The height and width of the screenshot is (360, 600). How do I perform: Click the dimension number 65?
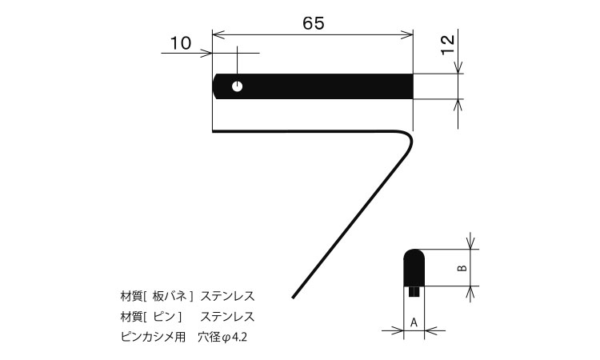coord(314,23)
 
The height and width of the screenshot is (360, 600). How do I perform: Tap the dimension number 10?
coord(180,43)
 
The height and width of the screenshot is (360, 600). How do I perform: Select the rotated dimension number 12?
coord(448,45)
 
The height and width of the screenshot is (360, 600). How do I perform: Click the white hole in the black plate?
coord(238,86)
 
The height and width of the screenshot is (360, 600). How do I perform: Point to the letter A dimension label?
coord(414,322)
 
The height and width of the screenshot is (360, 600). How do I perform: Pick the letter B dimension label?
coord(462,268)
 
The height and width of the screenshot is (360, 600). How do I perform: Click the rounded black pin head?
coord(414,267)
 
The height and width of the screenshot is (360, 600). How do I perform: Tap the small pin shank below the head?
coord(414,291)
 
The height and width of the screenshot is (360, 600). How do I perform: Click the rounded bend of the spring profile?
coord(410,138)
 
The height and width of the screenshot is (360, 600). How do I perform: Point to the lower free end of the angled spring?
coord(293,298)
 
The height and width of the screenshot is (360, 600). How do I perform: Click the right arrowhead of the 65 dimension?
coord(407,35)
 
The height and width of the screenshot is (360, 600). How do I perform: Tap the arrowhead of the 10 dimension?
coord(206,53)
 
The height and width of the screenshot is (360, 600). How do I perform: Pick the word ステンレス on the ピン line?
coord(227,316)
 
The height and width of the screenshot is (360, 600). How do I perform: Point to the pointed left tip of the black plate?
coord(213,86)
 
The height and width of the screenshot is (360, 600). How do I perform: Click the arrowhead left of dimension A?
coord(398,330)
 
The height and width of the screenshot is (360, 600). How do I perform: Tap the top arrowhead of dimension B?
coord(470,243)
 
